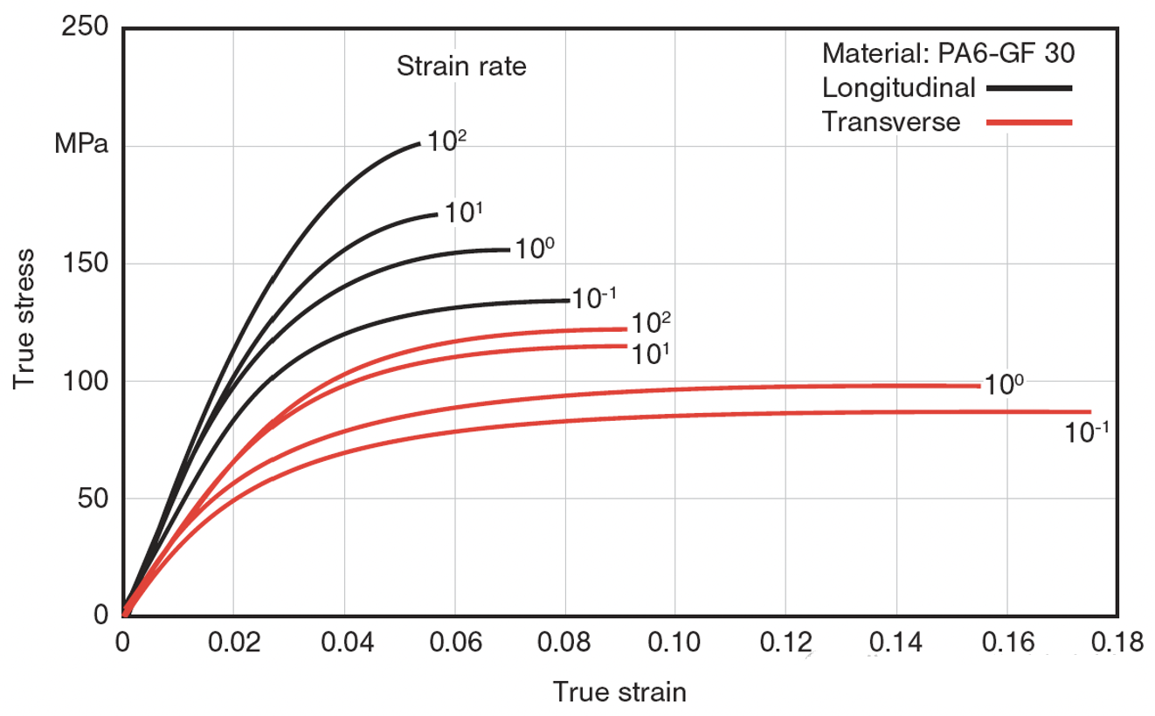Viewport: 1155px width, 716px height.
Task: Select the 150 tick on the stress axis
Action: [85, 264]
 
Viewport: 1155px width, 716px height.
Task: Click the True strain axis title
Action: [619, 692]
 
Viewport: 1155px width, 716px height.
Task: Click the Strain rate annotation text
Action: [461, 66]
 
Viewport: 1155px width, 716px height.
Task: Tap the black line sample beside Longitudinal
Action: [1028, 88]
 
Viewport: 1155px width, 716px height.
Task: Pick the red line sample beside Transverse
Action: [1028, 122]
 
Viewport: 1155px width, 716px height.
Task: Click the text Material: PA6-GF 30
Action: [948, 54]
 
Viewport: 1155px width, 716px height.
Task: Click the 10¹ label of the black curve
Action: [464, 211]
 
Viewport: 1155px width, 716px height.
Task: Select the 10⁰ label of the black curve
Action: [533, 248]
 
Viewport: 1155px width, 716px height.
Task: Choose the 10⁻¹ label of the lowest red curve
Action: [1086, 431]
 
